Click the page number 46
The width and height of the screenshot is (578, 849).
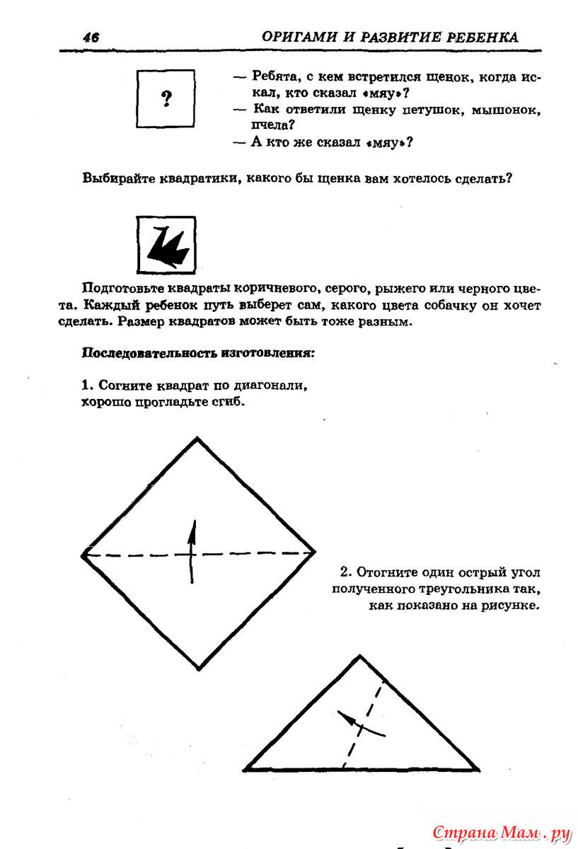pyautogui.click(x=90, y=38)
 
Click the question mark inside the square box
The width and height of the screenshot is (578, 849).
pyautogui.click(x=166, y=99)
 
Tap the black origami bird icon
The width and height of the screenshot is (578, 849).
pyautogui.click(x=166, y=245)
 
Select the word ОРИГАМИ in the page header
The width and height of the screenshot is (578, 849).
pyautogui.click(x=297, y=37)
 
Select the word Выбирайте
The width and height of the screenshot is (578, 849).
pyautogui.click(x=119, y=178)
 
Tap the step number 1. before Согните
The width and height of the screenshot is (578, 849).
pyautogui.click(x=88, y=386)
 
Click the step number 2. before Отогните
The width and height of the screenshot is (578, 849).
pyautogui.click(x=346, y=572)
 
